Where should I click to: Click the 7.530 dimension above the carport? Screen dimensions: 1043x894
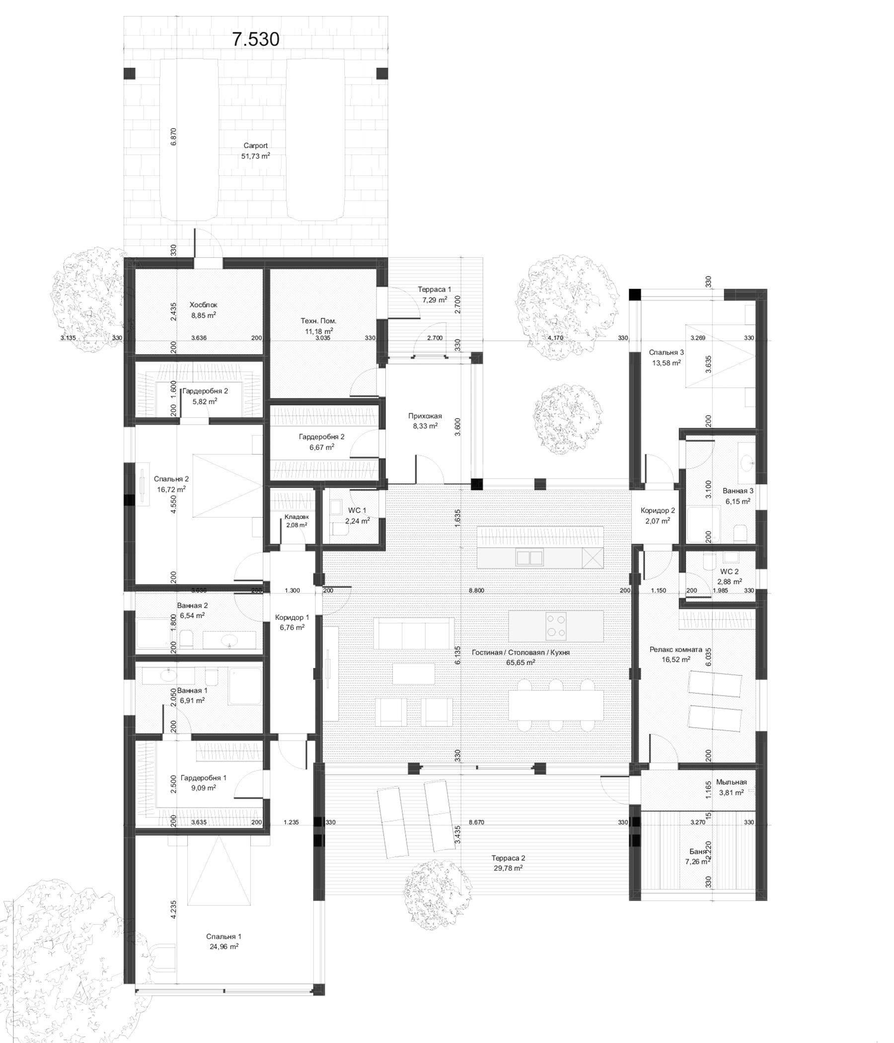[255, 39]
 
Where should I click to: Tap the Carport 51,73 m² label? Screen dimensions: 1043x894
[255, 151]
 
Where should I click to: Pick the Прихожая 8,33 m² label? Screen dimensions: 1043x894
[425, 421]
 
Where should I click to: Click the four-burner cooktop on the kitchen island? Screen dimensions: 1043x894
[556, 626]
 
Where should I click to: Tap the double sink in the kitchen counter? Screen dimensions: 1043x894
[529, 558]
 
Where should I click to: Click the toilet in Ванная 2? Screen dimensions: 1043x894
[186, 639]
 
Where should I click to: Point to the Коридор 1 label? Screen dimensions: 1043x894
[292, 622]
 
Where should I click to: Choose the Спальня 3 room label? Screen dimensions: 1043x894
[666, 358]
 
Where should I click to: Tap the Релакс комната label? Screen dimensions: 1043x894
[675, 655]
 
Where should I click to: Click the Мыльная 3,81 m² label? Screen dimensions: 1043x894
[732, 787]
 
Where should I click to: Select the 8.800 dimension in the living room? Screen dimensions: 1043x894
[476, 591]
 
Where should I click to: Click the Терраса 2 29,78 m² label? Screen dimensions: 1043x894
[508, 863]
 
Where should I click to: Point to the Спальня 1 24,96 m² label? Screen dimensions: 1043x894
[223, 941]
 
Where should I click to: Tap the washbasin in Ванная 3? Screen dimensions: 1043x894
[746, 462]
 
